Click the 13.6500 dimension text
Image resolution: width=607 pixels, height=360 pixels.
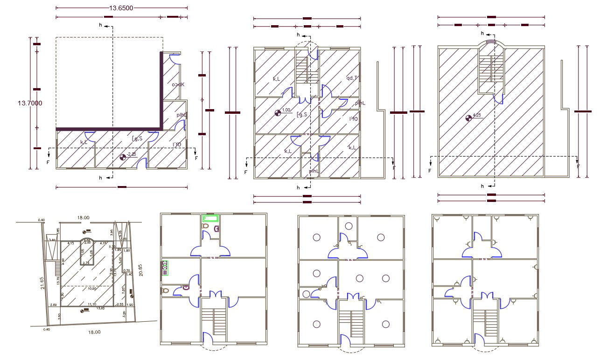pyautogui.click(x=121, y=8)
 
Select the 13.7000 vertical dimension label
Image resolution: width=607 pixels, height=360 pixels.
pyautogui.click(x=17, y=103)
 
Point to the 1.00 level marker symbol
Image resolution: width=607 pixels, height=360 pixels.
pyautogui.click(x=278, y=112)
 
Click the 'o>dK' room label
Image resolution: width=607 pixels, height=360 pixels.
pyautogui.click(x=178, y=85)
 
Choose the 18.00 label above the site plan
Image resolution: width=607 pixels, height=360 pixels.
pyautogui.click(x=83, y=217)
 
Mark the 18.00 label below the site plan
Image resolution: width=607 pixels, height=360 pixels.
pyautogui.click(x=94, y=332)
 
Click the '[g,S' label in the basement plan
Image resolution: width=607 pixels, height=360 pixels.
pyautogui.click(x=137, y=138)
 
